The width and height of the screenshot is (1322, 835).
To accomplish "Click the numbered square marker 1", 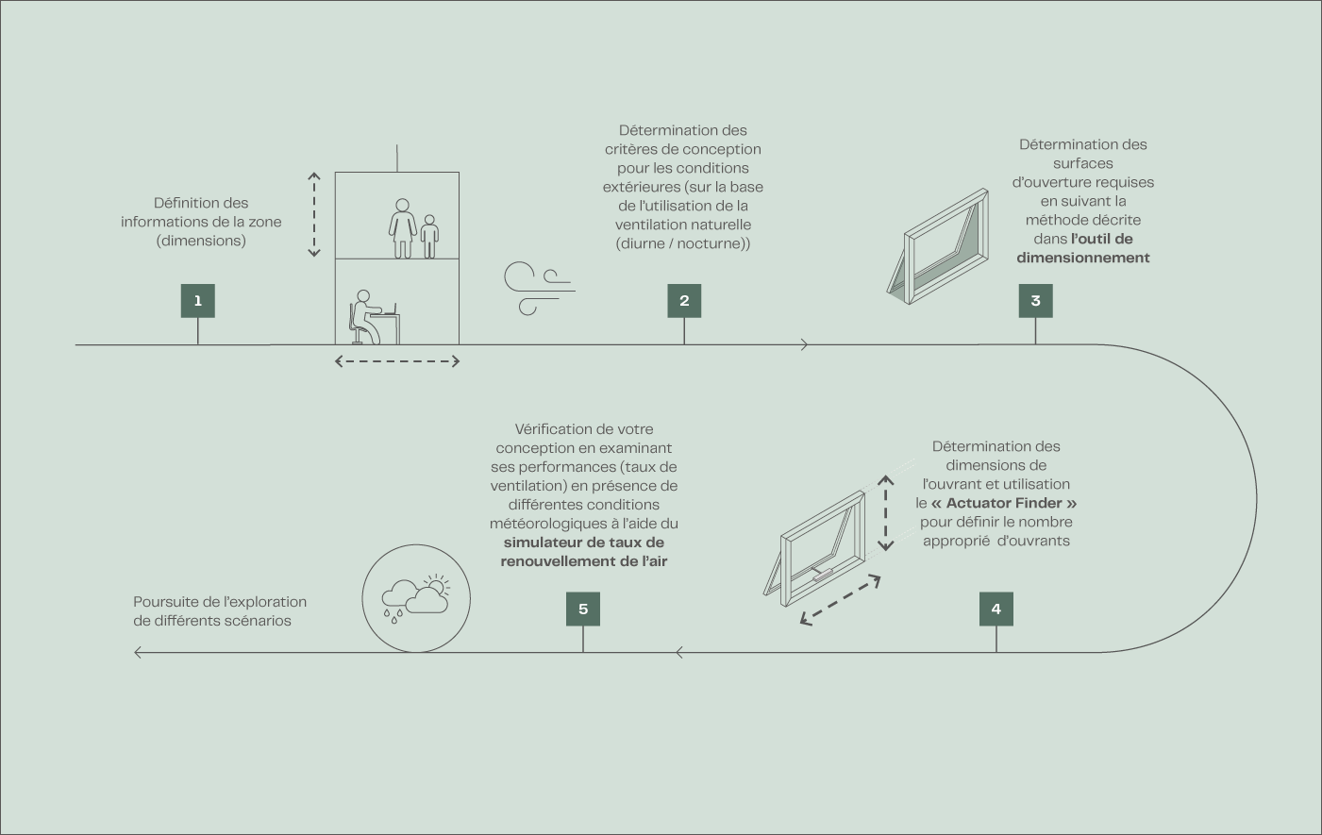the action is coord(198,301).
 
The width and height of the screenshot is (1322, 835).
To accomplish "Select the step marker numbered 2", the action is coord(684,301).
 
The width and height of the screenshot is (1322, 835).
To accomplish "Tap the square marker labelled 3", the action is coord(1035,301).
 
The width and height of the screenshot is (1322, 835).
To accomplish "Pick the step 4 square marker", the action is coord(996,609).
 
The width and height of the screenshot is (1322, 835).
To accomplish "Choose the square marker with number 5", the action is coord(583,609).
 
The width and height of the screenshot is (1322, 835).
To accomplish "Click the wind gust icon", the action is coord(539,289).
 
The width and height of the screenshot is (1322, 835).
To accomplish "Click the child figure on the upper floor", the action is coord(429,237).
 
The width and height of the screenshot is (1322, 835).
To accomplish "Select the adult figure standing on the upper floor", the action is coord(403,228).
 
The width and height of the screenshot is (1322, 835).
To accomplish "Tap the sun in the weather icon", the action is coord(437,584).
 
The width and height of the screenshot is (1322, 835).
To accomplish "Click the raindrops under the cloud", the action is coord(393,616).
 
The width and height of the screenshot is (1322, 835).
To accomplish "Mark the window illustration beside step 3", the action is coord(938,246).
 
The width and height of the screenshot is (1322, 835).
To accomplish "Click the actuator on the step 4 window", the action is coord(822,575).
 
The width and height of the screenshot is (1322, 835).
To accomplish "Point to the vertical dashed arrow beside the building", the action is coord(314,215).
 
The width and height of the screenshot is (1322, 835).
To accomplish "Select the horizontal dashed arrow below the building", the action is coord(397,361).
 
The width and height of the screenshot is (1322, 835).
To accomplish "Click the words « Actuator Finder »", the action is coord(1004,503).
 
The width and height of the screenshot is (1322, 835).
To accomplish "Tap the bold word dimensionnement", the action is coord(1083,258).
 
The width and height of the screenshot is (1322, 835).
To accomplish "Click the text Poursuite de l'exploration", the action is coord(220,602).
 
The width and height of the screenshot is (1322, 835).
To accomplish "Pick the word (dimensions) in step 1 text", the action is coord(201,241).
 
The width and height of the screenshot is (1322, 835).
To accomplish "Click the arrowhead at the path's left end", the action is coord(138,652).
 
